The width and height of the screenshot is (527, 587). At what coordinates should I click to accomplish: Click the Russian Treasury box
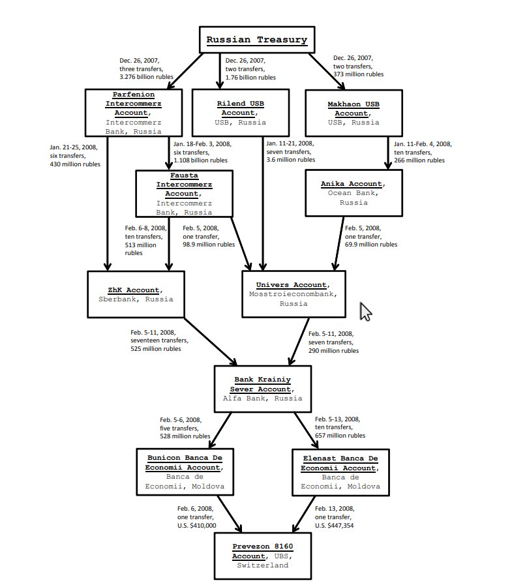(256, 40)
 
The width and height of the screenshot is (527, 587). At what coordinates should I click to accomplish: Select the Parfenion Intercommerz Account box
(133, 113)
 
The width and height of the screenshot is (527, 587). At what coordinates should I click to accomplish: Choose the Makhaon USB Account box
(352, 113)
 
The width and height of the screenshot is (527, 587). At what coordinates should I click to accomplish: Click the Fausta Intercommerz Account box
(184, 194)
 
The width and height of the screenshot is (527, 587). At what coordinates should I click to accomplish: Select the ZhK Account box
(136, 294)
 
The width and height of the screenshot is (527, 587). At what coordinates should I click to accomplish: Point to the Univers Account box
(293, 294)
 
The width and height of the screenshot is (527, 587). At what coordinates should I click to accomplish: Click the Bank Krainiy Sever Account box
(262, 389)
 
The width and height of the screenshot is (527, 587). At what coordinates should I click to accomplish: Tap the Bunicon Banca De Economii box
(184, 472)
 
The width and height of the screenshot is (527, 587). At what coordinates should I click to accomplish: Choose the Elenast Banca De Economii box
(340, 472)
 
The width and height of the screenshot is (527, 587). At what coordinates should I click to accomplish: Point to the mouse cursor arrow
(365, 312)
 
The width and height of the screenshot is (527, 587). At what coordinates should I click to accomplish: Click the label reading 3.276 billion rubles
(146, 76)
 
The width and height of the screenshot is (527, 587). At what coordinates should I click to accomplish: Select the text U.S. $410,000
(196, 525)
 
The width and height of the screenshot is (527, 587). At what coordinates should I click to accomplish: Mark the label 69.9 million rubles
(370, 244)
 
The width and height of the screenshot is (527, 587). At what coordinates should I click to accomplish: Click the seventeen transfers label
(159, 340)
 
